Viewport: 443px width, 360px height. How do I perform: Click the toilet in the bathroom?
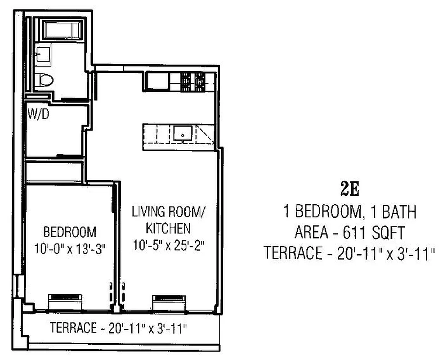(45, 80)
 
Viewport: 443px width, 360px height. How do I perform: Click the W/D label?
(39, 114)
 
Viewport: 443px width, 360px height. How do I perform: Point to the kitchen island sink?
(183, 134)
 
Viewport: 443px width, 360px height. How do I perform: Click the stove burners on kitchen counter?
(193, 82)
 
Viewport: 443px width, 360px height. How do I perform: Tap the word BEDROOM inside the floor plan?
(70, 232)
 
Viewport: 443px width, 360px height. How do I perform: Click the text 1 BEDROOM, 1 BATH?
(349, 211)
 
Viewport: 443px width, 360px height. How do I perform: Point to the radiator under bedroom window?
(66, 298)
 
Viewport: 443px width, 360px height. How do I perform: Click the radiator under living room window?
(167, 298)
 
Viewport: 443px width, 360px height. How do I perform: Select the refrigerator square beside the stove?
(158, 81)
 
